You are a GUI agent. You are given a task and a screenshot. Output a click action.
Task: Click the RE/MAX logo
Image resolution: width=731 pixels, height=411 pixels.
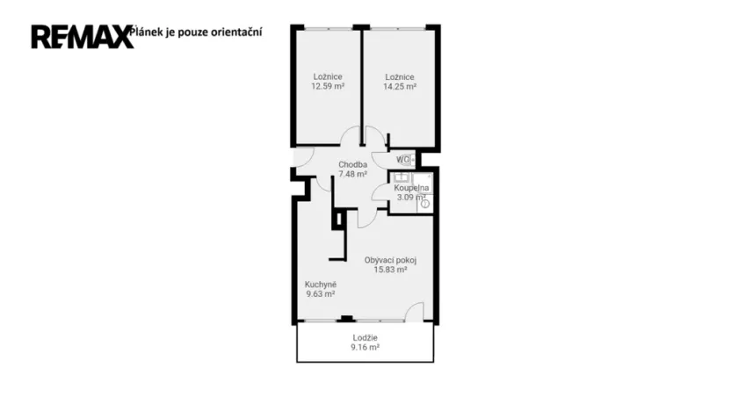click(82, 36)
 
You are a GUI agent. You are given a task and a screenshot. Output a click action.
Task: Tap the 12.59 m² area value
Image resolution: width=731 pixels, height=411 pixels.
click(327, 87)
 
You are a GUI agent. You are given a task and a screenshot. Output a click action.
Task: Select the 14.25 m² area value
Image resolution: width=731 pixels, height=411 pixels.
click(399, 87)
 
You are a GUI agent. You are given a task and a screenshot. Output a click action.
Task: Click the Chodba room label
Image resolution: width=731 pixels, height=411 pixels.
click(352, 164)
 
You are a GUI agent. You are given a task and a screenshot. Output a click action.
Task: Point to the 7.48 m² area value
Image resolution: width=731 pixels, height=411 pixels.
click(352, 174)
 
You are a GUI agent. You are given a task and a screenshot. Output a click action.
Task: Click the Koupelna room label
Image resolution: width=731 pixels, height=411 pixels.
click(411, 188)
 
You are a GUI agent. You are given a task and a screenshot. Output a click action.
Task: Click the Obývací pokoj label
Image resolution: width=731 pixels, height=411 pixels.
click(390, 260)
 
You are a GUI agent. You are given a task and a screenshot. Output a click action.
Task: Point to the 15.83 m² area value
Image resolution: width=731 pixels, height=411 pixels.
click(390, 270)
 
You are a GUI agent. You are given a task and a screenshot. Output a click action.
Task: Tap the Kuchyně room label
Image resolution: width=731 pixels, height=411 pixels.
click(321, 285)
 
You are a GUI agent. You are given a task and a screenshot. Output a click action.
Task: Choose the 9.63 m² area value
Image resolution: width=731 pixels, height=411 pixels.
click(321, 294)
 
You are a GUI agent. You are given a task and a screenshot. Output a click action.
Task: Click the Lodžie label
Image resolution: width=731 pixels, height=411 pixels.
click(365, 338)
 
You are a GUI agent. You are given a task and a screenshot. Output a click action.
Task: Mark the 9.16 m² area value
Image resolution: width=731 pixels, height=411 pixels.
click(365, 348)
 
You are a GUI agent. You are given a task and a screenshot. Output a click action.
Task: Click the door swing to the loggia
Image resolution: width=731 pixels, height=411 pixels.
click(415, 311)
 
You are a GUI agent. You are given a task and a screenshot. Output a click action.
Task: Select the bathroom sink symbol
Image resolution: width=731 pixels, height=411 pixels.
click(399, 178)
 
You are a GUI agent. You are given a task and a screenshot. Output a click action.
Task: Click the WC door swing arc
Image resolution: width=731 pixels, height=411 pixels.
click(380, 159)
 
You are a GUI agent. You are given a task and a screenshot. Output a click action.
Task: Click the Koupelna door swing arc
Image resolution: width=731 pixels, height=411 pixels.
click(380, 193)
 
